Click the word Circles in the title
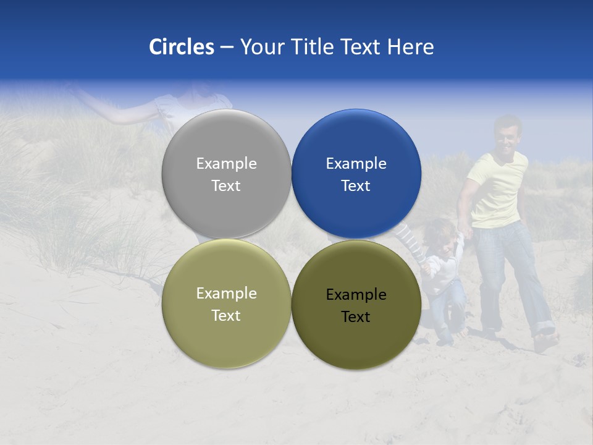click(x=182, y=47)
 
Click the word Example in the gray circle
click(x=226, y=163)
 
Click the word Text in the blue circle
click(x=356, y=185)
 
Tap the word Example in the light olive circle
click(x=226, y=293)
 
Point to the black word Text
click(x=356, y=316)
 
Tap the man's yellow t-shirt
click(x=497, y=192)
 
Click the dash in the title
click(x=227, y=48)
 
